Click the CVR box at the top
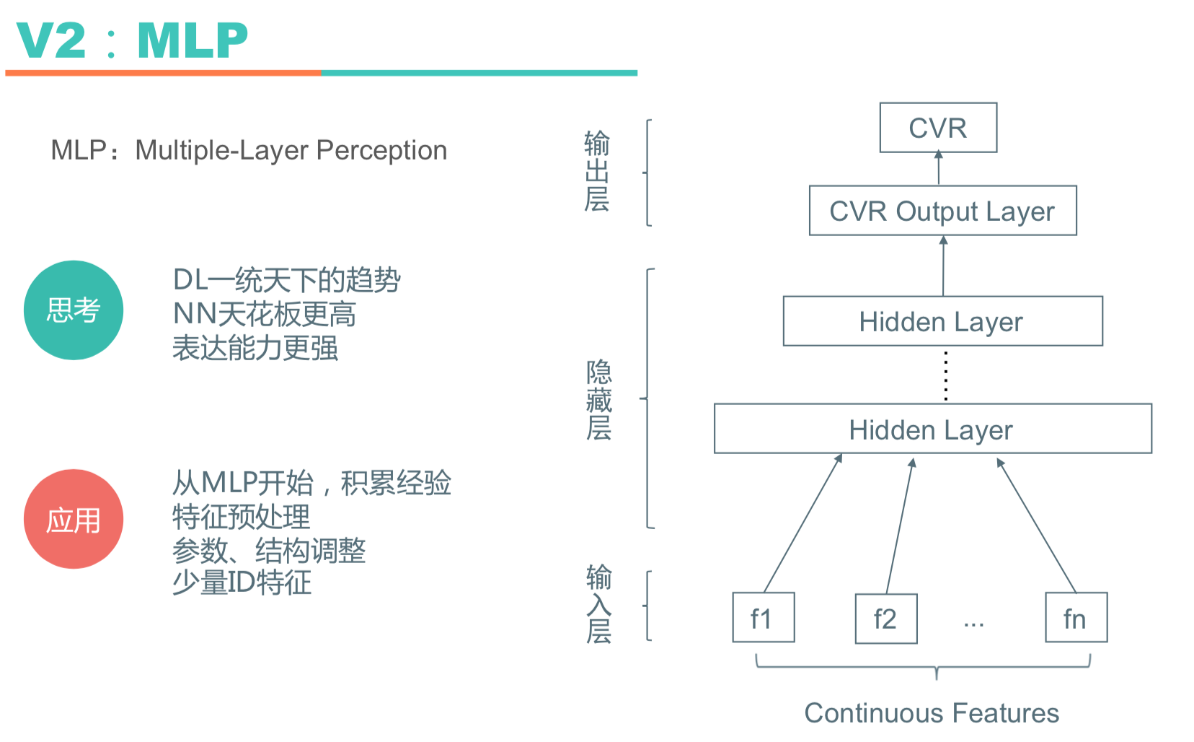(x=938, y=128)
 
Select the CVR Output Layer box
(x=942, y=211)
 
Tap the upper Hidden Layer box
(x=942, y=321)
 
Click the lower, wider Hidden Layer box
(x=932, y=429)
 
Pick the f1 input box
(x=764, y=618)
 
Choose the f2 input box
(x=886, y=619)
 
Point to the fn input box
(x=1076, y=618)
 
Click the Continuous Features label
(x=932, y=713)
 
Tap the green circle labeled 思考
(x=74, y=310)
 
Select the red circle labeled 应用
(x=74, y=519)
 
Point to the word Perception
(x=381, y=150)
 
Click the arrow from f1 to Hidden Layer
(x=803, y=523)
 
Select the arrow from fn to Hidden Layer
(x=1036, y=525)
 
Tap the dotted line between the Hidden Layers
(x=946, y=375)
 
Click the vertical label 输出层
(x=597, y=171)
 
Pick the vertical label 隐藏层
(x=599, y=400)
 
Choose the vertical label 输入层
(x=599, y=604)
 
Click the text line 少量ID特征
(x=242, y=582)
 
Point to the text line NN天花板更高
(x=265, y=314)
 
